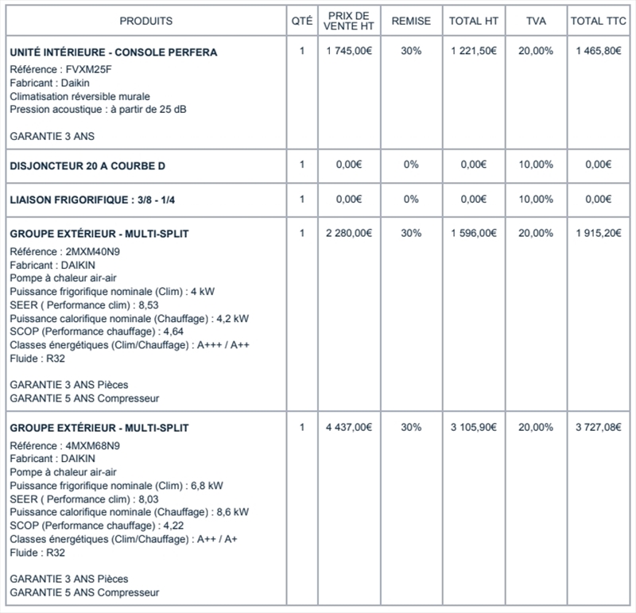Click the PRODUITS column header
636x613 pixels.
coord(146,21)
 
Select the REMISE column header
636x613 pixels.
coord(411,21)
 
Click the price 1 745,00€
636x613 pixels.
coord(348,51)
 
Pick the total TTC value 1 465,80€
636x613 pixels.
coord(598,51)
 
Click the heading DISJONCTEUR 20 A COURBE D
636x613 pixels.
coord(87,165)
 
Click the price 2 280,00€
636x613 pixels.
coord(348,233)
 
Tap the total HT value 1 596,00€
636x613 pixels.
coord(473,233)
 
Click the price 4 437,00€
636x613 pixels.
coord(348,428)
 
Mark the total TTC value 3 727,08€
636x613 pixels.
coord(598,428)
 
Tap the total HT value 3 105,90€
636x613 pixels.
coord(473,428)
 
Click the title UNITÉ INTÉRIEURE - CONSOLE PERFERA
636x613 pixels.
coord(114,52)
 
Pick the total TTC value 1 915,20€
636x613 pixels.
coord(598,233)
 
